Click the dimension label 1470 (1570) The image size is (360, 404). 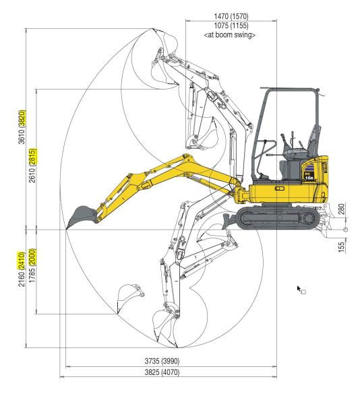coord(229,15)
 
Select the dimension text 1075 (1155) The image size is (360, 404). coord(229,26)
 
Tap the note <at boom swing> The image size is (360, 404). coord(229,35)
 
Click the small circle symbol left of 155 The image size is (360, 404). coord(346,230)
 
